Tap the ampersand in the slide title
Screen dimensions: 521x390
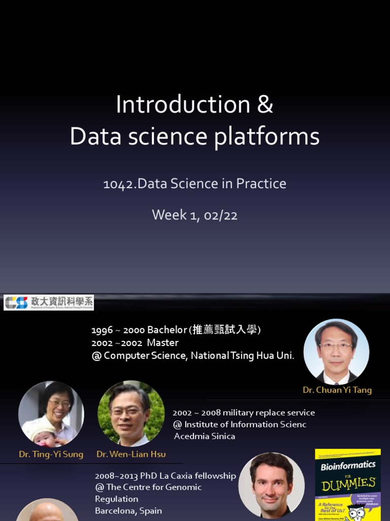265,105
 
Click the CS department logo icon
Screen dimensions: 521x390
16,302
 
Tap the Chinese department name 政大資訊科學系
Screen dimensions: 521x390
61,301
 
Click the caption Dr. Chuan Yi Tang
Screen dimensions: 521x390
337,390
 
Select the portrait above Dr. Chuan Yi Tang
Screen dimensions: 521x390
336,352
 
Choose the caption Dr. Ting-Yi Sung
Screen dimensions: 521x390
51,454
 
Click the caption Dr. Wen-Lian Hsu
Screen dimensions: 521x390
131,454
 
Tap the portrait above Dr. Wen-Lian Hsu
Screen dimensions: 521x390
131,413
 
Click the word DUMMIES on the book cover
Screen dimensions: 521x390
348,483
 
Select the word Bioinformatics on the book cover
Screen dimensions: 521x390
348,466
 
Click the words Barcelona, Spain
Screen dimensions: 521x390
128,510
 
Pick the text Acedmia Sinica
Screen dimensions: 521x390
205,436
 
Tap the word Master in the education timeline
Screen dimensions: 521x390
162,343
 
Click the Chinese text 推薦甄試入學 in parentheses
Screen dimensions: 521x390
225,330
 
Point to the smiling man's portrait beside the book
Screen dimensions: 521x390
272,484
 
